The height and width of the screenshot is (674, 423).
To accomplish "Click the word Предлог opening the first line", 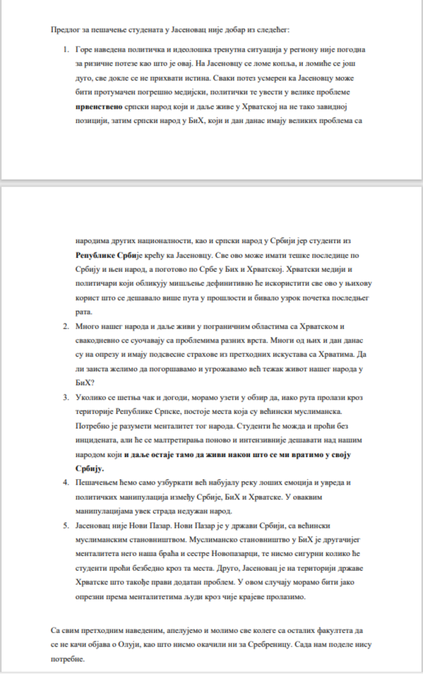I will (x=62, y=30).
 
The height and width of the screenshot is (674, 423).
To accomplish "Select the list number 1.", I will (x=65, y=50).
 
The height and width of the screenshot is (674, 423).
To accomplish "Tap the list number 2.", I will (x=65, y=326).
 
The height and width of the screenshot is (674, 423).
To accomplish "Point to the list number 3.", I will (x=65, y=397).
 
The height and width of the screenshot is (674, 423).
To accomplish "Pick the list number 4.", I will (x=65, y=482).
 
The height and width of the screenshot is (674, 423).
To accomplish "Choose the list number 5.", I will (x=65, y=526).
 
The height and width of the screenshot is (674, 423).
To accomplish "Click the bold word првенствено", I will (x=99, y=107).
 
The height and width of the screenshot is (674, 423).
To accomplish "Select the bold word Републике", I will (x=95, y=255).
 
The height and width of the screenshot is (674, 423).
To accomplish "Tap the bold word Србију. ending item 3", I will (x=89, y=469).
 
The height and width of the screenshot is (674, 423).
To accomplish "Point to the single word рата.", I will (x=83, y=312).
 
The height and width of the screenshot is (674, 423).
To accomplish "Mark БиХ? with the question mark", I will (x=85, y=383).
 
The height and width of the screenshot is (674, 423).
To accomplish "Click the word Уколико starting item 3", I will (x=89, y=397).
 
